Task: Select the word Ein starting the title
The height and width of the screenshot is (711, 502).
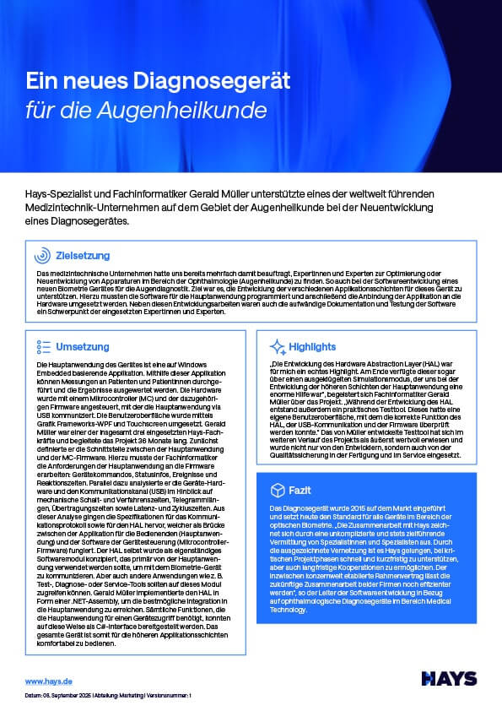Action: tap(39, 82)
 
